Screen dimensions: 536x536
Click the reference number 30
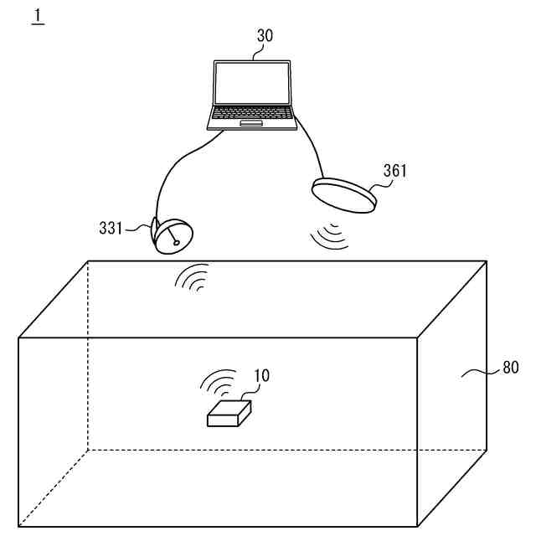click(x=265, y=36)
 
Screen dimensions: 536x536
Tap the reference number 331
click(x=110, y=227)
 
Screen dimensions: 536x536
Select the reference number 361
click(x=394, y=171)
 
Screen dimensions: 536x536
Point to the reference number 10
click(x=261, y=375)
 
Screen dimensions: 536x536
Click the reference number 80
click(x=510, y=367)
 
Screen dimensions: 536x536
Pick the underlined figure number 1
click(x=37, y=16)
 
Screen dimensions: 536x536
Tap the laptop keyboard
click(x=252, y=112)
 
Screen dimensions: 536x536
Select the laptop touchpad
click(x=251, y=123)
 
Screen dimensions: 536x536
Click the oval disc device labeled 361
click(x=344, y=193)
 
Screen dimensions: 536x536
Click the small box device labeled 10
click(x=229, y=413)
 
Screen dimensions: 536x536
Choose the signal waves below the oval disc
click(x=328, y=235)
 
